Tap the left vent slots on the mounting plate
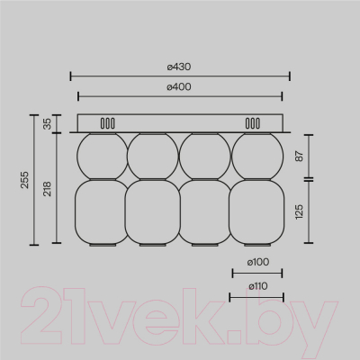[107, 123]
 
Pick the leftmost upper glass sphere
[102, 155]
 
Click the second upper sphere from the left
[153, 155]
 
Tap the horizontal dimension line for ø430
[180, 76]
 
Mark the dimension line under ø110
[256, 296]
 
